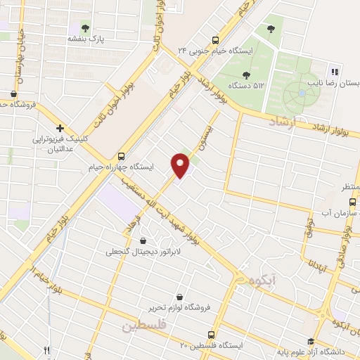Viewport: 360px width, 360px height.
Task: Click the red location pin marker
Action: pyautogui.click(x=181, y=165)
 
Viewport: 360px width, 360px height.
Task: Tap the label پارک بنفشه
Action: pyautogui.click(x=86, y=39)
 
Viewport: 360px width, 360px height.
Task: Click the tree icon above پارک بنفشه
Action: pyautogui.click(x=86, y=28)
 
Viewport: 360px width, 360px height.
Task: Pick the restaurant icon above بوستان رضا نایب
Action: pyautogui.click(x=335, y=71)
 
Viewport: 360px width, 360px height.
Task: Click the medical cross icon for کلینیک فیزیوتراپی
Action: pyautogui.click(x=61, y=129)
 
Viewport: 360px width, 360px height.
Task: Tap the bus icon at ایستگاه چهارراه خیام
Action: pyautogui.click(x=122, y=156)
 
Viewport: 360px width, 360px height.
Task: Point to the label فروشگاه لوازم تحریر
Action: pyautogui.click(x=179, y=308)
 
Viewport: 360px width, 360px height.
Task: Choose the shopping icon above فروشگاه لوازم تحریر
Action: pyautogui.click(x=181, y=297)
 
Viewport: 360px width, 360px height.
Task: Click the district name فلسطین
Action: pyautogui.click(x=146, y=326)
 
